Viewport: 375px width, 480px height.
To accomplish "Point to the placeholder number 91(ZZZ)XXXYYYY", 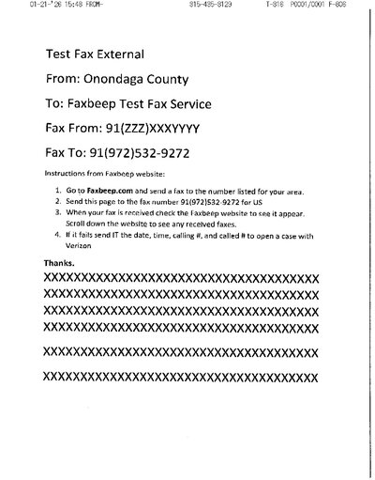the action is pos(163,125).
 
